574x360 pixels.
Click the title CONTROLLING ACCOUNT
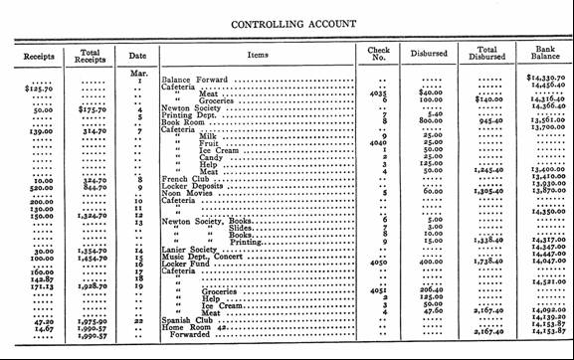click(x=287, y=19)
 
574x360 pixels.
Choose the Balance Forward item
click(x=196, y=78)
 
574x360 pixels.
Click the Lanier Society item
click(x=188, y=251)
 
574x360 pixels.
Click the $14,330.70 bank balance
click(x=544, y=78)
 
